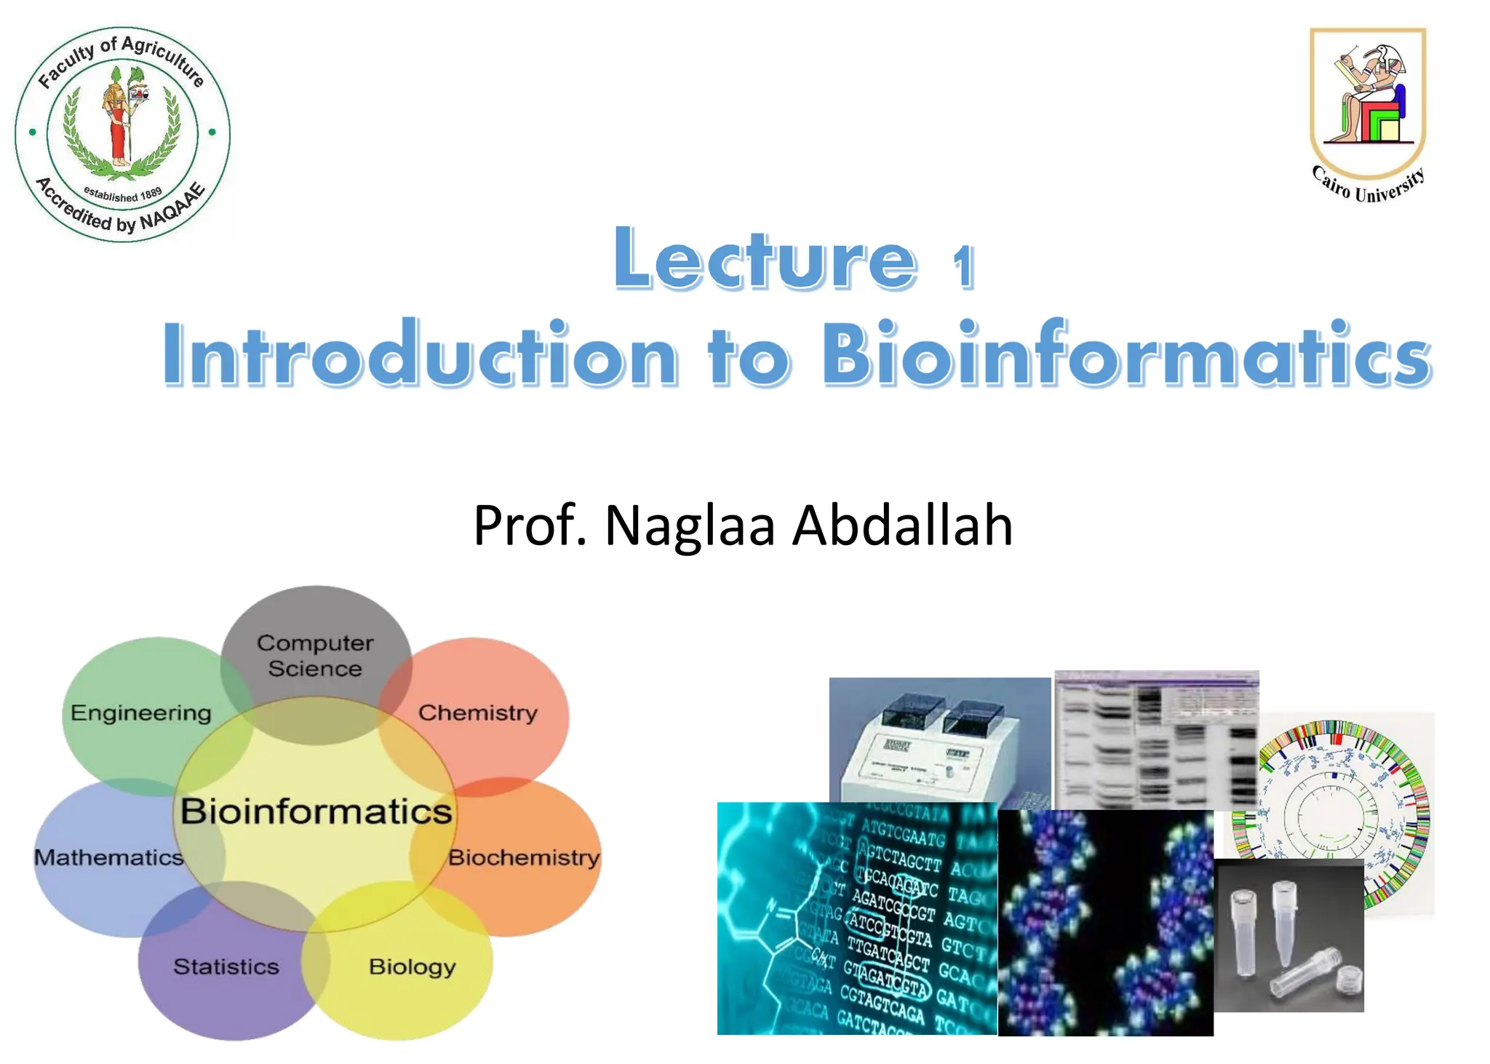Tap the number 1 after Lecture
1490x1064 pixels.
click(963, 266)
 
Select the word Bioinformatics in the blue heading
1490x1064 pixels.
click(1126, 354)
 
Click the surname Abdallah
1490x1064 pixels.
click(902, 525)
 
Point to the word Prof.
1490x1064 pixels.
click(529, 525)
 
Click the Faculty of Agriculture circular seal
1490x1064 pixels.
click(122, 135)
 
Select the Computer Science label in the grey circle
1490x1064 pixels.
click(315, 655)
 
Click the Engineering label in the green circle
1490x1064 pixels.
click(140, 712)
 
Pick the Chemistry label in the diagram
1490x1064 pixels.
click(477, 712)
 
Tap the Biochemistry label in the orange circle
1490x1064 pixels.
click(523, 857)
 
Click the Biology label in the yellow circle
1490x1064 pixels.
click(412, 966)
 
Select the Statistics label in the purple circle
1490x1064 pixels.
click(226, 966)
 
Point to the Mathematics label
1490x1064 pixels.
click(108, 857)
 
